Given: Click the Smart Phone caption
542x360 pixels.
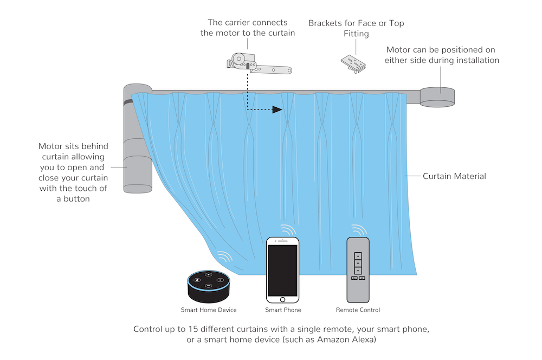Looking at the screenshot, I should (283, 310).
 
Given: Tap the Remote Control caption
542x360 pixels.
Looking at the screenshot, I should (358, 310).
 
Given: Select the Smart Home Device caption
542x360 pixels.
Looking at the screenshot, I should (209, 310).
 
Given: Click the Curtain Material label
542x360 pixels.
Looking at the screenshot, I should (454, 176).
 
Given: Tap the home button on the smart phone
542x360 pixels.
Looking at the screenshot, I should (282, 299).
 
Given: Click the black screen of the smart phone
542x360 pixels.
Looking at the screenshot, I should (282, 269).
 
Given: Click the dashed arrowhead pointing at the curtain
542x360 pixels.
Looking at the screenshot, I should (278, 110).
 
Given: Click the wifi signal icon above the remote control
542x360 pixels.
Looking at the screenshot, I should (358, 230).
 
